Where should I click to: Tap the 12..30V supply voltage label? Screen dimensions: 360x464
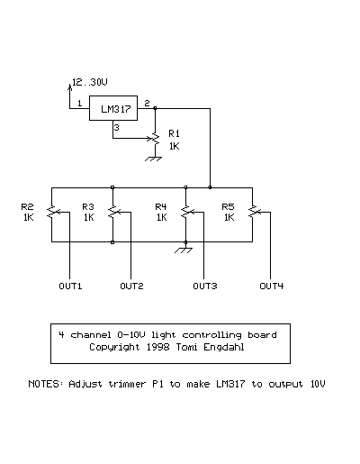coord(90,82)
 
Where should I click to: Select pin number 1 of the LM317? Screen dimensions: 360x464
coord(79,104)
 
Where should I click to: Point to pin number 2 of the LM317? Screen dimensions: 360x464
coord(147,104)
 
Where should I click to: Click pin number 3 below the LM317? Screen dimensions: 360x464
coord(116,128)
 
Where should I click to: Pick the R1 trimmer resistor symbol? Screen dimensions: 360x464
coord(155,139)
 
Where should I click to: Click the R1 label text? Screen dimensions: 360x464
coord(174,133)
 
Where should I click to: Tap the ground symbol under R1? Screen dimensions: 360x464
coord(154,159)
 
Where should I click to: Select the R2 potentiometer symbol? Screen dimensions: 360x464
coord(52,212)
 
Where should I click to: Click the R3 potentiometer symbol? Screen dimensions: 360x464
coord(112,212)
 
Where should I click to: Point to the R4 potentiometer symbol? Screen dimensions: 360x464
coord(186,212)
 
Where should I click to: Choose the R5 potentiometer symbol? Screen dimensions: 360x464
coord(253,212)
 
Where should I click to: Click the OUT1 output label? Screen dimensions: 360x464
coord(70,286)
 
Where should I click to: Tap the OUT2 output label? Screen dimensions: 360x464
coord(131,286)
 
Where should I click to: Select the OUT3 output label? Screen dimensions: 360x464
coord(205,286)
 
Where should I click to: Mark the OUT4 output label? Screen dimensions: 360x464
coord(272,286)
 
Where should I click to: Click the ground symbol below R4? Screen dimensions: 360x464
coord(184,250)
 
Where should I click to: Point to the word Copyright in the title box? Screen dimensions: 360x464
coord(114,348)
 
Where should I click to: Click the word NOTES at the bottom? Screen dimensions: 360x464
coord(44,384)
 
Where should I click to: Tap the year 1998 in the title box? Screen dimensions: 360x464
coord(157,347)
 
